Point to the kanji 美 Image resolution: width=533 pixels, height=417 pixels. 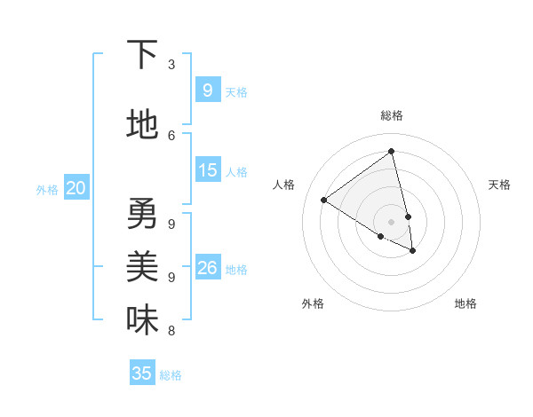click(142, 266)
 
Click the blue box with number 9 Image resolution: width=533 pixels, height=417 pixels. click(207, 90)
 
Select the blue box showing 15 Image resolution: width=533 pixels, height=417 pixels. click(207, 169)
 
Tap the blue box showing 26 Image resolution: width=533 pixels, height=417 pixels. click(207, 267)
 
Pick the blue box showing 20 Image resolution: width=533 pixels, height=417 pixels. click(76, 187)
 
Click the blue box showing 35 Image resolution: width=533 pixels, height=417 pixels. click(142, 374)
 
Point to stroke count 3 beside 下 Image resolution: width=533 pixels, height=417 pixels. click(171, 65)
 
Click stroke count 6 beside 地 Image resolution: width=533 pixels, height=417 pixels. click(171, 135)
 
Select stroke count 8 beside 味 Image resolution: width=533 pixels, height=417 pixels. click(171, 331)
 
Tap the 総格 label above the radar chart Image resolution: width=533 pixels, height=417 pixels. click(391, 115)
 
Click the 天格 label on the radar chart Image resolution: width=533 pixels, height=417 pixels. click(499, 185)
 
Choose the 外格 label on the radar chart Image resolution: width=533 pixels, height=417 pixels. click(313, 303)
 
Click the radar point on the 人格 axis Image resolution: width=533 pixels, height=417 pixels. click(323, 200)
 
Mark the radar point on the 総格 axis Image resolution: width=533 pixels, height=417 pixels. click(391, 152)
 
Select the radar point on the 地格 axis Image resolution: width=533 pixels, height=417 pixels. click(413, 251)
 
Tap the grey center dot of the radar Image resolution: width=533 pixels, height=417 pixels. click(391, 221)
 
